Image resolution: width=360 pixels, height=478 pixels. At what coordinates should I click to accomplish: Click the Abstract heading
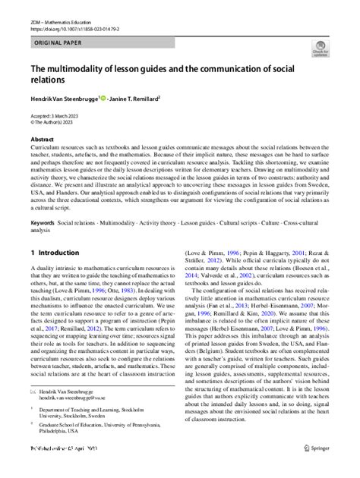[42, 140]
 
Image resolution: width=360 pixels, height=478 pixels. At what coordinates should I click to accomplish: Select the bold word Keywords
[43, 224]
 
